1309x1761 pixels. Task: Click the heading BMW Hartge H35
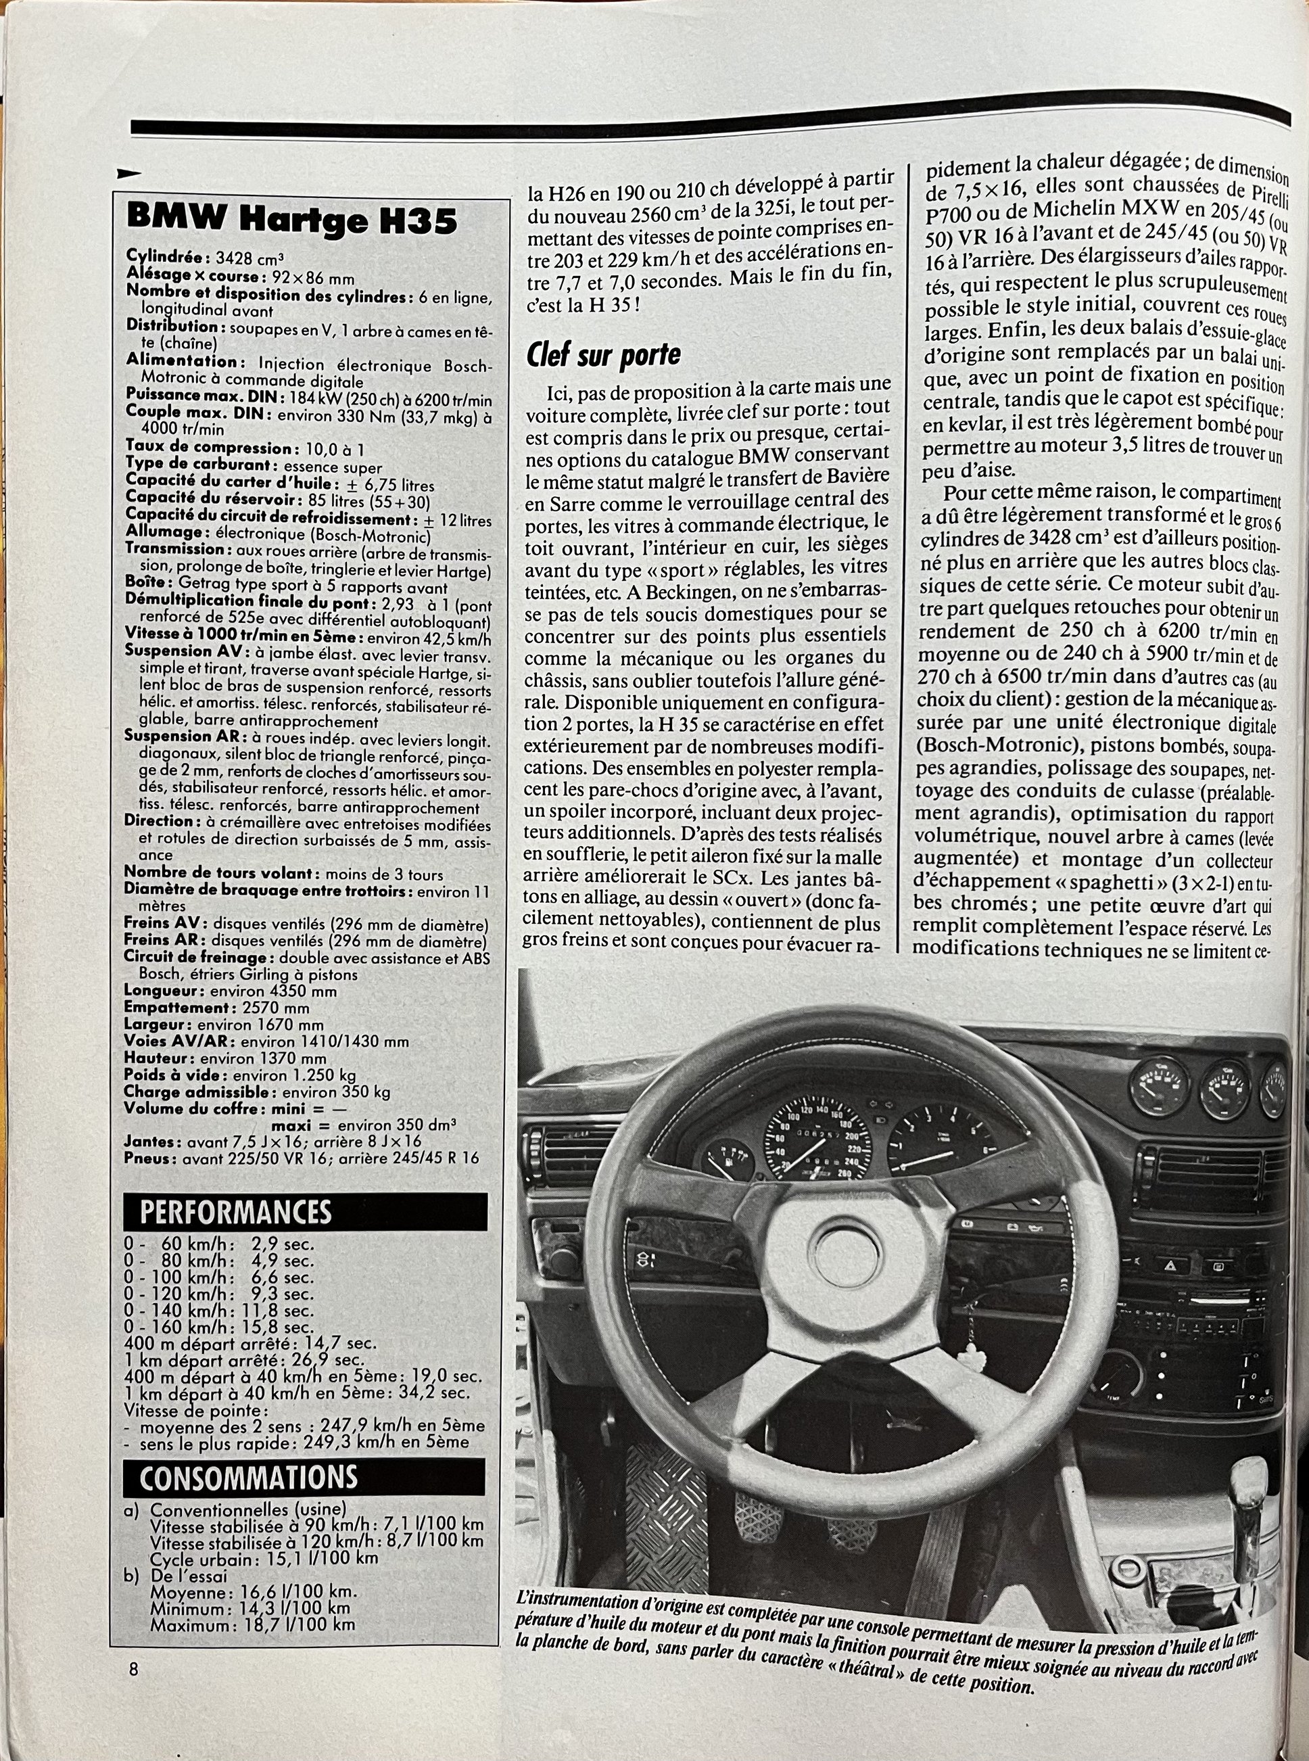(x=291, y=220)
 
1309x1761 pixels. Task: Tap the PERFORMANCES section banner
(x=235, y=1213)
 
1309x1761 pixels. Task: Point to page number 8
(x=133, y=1669)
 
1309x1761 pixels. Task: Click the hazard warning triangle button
(x=1170, y=1267)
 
